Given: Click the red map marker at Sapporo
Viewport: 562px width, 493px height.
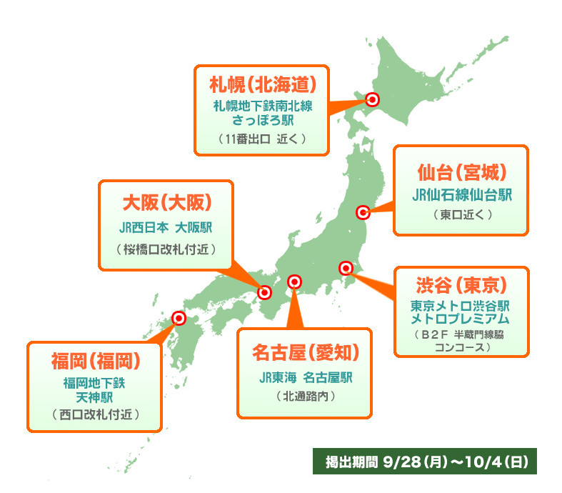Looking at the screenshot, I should pyautogui.click(x=371, y=99).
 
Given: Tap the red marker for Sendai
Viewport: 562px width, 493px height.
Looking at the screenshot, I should pyautogui.click(x=363, y=212).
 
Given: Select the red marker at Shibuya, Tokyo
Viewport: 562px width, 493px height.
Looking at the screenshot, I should pyautogui.click(x=346, y=269).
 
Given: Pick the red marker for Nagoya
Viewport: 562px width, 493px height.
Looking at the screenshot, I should pyautogui.click(x=293, y=282).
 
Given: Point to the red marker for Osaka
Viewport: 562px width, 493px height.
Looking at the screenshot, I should pyautogui.click(x=265, y=292).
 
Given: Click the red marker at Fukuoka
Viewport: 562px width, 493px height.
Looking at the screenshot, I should pyautogui.click(x=179, y=319).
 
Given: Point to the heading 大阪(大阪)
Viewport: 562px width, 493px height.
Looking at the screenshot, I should pyautogui.click(x=167, y=203).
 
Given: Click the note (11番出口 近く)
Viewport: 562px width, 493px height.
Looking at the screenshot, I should pyautogui.click(x=263, y=139).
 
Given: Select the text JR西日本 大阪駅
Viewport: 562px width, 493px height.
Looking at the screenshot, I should pyautogui.click(x=166, y=228).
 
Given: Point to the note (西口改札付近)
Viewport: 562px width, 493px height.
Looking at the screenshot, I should pyautogui.click(x=96, y=414).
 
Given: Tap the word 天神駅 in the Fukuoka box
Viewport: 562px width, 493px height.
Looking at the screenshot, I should pyautogui.click(x=96, y=396).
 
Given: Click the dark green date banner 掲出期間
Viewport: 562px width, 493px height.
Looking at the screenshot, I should pyautogui.click(x=424, y=462).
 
